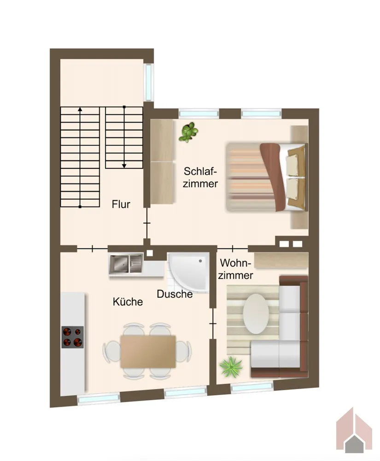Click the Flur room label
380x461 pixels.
[121, 204]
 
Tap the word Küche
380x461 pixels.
[128, 301]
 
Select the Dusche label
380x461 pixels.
[175, 294]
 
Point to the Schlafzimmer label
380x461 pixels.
[200, 177]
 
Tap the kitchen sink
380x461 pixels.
[126, 264]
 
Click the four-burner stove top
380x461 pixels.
[72, 337]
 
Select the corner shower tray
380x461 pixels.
[188, 272]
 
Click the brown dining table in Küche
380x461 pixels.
[148, 352]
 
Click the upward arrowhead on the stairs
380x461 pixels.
[80, 109]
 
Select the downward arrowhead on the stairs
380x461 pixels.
[124, 166]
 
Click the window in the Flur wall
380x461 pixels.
[149, 83]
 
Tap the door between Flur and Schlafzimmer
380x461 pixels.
[147, 223]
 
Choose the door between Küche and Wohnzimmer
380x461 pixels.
[213, 324]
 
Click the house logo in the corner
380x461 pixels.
[354, 430]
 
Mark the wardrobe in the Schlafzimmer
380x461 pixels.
[162, 161]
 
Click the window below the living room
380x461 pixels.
[252, 387]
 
